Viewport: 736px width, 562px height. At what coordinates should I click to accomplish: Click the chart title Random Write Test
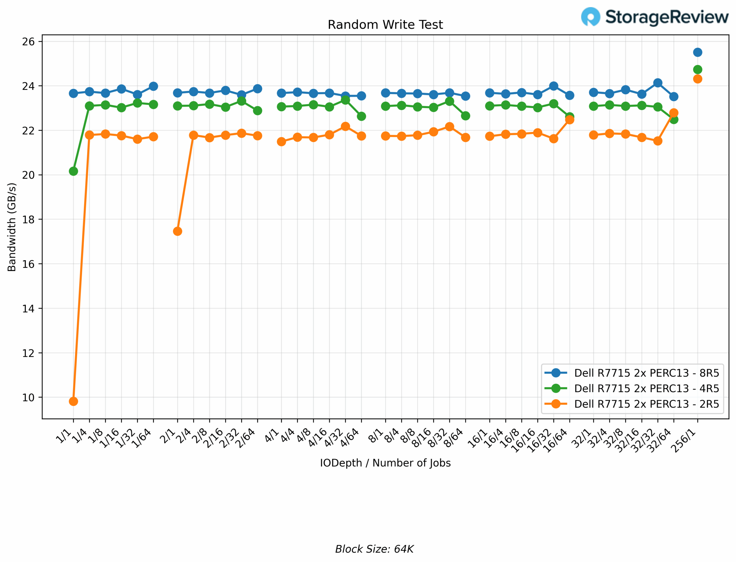(385, 25)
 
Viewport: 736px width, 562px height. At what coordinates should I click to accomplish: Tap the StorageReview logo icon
(591, 17)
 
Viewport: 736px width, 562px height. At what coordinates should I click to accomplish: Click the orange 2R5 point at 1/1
(73, 401)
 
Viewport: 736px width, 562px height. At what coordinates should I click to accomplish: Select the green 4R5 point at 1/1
(73, 171)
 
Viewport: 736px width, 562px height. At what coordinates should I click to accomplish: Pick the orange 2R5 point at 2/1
(178, 231)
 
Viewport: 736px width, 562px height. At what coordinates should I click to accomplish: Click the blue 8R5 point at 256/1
(697, 52)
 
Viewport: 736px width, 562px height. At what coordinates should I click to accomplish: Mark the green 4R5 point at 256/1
(697, 70)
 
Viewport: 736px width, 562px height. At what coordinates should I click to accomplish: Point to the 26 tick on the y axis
(28, 41)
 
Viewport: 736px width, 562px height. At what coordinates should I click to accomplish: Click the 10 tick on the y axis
(28, 397)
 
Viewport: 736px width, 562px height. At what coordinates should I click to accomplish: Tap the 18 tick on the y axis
(28, 219)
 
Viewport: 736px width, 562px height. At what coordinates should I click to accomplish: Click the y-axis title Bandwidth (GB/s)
(12, 227)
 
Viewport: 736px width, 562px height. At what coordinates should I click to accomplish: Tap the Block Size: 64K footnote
(374, 549)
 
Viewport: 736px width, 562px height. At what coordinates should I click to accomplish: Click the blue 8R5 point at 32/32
(658, 83)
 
